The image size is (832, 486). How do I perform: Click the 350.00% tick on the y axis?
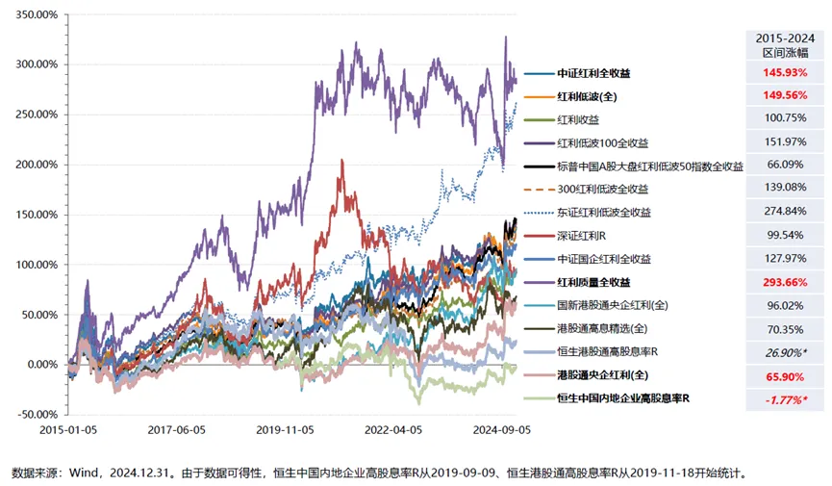click(x=30, y=14)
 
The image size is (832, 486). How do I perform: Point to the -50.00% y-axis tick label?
click(x=30, y=415)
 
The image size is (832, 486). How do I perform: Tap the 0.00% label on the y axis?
click(x=35, y=365)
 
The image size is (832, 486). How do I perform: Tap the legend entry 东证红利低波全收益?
click(x=603, y=213)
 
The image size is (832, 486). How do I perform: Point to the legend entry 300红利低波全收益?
click(x=602, y=190)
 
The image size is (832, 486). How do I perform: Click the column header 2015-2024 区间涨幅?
click(x=783, y=43)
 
